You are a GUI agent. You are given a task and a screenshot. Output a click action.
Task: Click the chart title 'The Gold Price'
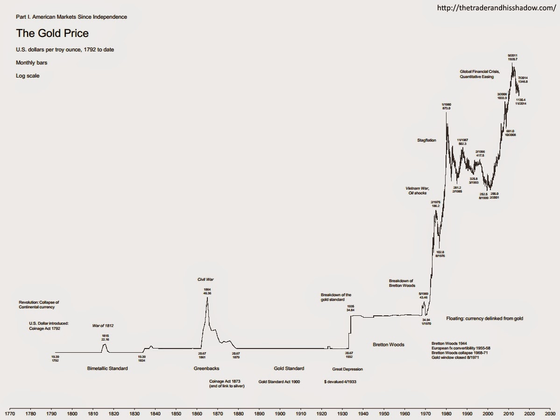[52, 34]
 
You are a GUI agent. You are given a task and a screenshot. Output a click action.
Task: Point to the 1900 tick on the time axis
[280, 413]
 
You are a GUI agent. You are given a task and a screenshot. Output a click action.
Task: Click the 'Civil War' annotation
[206, 279]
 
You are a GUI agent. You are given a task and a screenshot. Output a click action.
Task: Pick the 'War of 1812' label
[103, 325]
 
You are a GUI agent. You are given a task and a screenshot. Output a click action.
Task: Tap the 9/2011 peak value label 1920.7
[512, 60]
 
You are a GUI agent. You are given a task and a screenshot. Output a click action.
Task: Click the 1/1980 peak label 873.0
[447, 108]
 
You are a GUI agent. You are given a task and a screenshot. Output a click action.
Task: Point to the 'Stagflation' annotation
[426, 140]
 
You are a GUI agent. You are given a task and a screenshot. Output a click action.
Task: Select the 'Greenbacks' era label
[206, 369]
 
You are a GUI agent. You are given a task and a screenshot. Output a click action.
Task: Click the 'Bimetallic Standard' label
[107, 369]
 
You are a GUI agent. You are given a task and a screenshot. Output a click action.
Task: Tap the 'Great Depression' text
[347, 369]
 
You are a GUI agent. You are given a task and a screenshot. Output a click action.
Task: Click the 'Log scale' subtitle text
[28, 76]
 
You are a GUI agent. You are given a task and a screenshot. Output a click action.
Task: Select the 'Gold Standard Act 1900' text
[279, 382]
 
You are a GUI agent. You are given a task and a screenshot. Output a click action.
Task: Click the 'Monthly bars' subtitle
[31, 63]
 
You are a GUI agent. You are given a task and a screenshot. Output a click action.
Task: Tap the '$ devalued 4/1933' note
[343, 382]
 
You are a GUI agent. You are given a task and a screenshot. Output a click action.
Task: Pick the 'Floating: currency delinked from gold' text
[484, 318]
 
